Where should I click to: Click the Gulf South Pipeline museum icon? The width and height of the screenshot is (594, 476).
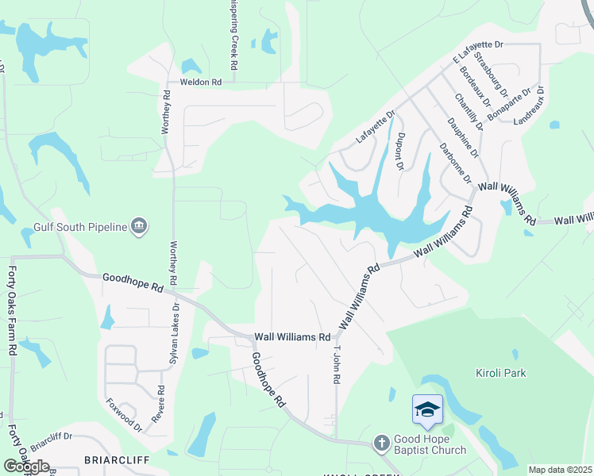tap(139, 227)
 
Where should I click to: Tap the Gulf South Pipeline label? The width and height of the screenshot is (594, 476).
tap(80, 228)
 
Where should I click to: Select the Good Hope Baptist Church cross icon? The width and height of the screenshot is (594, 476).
tap(381, 443)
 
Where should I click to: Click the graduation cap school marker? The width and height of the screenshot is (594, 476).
tap(427, 410)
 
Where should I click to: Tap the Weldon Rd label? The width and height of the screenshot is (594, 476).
tap(199, 81)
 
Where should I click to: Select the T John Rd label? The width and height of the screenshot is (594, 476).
tap(337, 366)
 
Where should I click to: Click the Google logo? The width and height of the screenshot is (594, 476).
tap(27, 466)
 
